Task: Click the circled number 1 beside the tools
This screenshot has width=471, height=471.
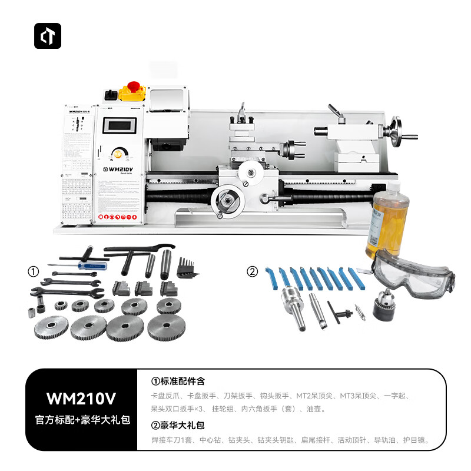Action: (x=34, y=272)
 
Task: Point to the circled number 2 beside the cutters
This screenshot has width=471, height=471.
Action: (x=252, y=272)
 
